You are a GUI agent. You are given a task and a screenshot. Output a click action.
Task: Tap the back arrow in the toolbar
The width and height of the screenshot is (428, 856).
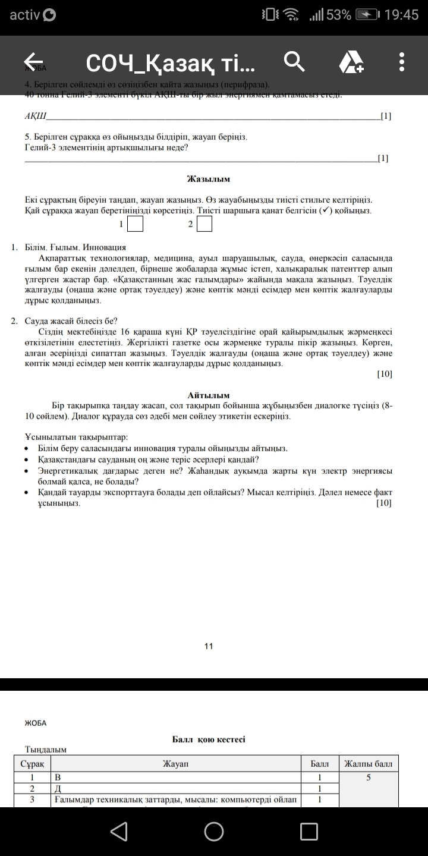(34, 61)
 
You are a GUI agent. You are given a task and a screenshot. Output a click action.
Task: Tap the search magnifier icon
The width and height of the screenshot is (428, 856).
(294, 61)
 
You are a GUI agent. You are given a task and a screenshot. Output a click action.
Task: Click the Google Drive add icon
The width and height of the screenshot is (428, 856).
(351, 62)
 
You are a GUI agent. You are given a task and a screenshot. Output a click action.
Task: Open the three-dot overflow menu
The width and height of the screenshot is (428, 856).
(402, 61)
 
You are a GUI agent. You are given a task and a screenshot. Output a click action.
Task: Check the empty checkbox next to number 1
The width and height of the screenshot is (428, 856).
(136, 224)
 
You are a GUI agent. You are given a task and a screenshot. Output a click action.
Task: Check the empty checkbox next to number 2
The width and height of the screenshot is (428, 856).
(204, 224)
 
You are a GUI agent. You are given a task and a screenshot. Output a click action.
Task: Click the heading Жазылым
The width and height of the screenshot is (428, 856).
(208, 179)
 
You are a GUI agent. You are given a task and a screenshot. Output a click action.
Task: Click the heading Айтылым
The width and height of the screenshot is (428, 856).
(208, 395)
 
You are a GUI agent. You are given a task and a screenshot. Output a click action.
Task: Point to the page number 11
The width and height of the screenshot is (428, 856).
(209, 646)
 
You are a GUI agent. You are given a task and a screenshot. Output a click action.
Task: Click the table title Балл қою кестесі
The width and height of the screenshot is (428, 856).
(209, 739)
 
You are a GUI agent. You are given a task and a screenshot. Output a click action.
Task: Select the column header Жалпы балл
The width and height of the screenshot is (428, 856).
(368, 763)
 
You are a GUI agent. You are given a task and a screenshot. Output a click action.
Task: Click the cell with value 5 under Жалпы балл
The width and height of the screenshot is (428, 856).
(369, 777)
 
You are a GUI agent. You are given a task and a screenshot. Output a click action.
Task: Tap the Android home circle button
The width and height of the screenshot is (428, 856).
(214, 831)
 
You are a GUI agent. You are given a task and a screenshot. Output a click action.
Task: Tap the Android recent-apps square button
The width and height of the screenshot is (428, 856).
(309, 831)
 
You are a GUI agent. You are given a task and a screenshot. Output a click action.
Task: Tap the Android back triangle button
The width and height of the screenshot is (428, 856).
(119, 831)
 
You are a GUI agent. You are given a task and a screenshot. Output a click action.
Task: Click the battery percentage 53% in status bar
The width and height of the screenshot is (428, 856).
(338, 15)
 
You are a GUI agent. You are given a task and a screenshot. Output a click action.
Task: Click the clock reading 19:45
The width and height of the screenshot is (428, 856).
(401, 15)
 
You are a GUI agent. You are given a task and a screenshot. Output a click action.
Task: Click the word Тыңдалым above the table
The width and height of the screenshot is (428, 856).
(46, 750)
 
